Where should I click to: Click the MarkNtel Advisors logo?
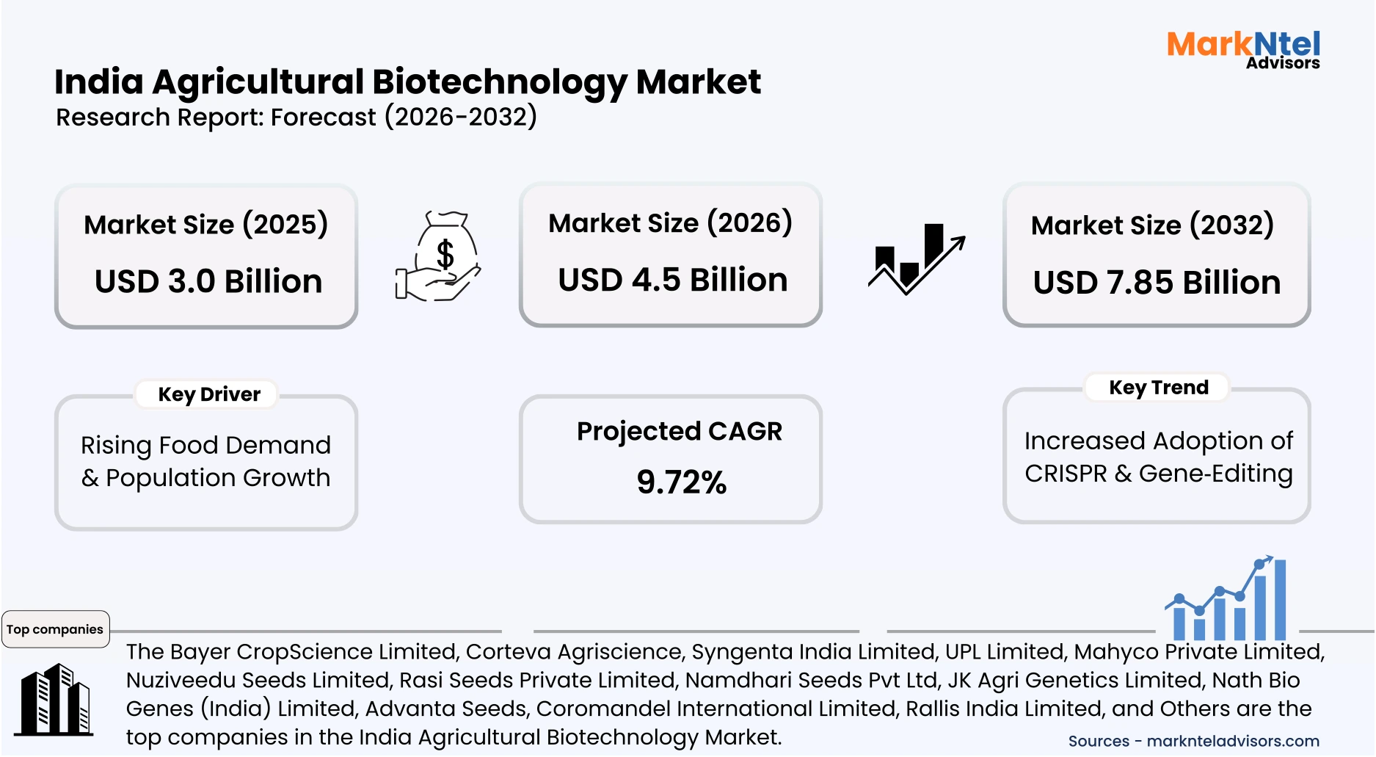(1243, 50)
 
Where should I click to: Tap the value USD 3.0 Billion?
(208, 281)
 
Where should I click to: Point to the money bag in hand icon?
(438, 256)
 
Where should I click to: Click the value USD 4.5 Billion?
(672, 280)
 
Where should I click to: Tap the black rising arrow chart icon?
(916, 260)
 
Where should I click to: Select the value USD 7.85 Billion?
(1157, 282)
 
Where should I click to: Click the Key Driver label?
(209, 394)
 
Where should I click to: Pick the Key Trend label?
(1158, 387)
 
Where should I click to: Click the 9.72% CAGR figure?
(681, 482)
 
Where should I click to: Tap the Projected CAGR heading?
(679, 431)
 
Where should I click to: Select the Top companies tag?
(55, 629)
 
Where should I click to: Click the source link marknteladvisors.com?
(1232, 741)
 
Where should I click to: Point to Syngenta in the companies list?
(740, 651)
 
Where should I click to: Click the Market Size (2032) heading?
(1151, 225)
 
